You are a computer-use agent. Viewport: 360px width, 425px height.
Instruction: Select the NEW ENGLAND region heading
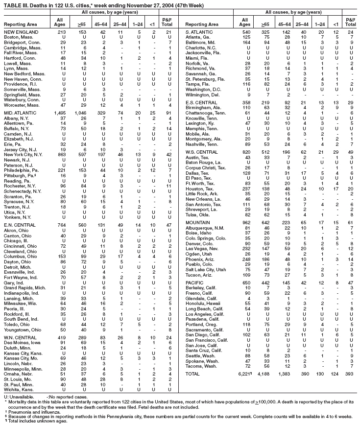click(18, 32)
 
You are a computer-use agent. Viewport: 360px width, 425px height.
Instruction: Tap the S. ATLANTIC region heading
click(199, 32)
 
